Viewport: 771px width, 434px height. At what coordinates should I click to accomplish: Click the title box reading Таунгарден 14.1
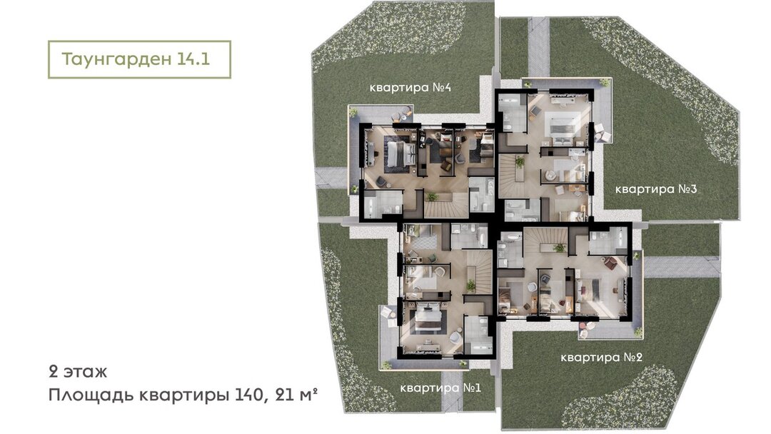139,59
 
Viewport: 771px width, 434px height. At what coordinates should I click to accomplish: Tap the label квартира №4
410,88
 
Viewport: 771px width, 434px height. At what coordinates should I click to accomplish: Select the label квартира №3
656,189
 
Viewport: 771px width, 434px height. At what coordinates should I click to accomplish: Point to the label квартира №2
601,358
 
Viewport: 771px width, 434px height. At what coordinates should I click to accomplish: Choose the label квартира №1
440,388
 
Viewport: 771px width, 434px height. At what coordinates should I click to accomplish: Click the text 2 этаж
78,372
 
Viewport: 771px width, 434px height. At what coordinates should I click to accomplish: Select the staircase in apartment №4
446,204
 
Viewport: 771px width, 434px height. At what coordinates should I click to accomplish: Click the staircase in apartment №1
478,272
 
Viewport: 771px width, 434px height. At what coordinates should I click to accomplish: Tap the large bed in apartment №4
399,154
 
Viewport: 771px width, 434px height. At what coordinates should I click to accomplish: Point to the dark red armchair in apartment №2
610,263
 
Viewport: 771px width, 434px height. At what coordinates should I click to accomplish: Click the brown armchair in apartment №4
446,166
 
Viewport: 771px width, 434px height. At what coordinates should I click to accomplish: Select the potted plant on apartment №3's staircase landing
520,161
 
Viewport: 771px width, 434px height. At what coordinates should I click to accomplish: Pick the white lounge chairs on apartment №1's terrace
388,316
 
